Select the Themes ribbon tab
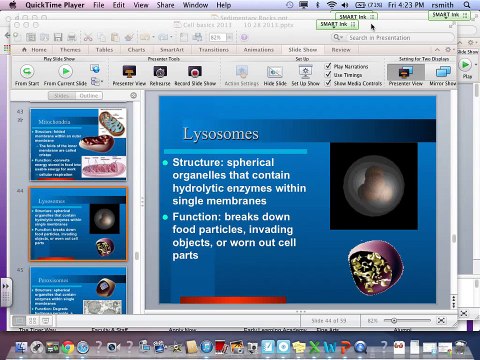pyautogui.click(x=71, y=48)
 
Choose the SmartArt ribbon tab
pyautogui.click(x=172, y=48)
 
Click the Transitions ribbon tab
pyautogui.click(x=213, y=48)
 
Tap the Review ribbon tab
pyautogui.click(x=341, y=48)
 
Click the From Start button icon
pyautogui.click(x=27, y=72)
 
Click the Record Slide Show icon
pyautogui.click(x=196, y=72)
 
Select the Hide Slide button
pyautogui.click(x=275, y=72)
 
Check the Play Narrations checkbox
pyautogui.click(x=330, y=65)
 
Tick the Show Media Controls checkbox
pyautogui.click(x=330, y=83)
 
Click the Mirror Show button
pyautogui.click(x=442, y=72)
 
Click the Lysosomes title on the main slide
pyautogui.click(x=221, y=133)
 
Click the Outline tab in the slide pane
pyautogui.click(x=89, y=95)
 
